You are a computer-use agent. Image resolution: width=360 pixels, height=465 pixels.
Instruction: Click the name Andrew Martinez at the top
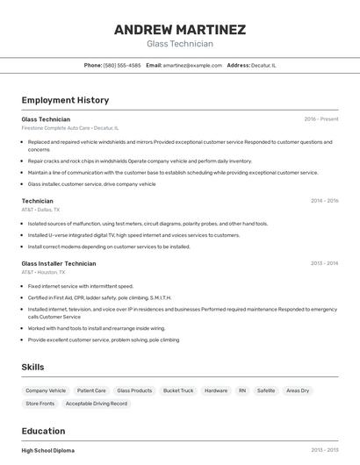coord(179,30)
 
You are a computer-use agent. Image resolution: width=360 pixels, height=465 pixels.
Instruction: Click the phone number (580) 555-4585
coord(122,65)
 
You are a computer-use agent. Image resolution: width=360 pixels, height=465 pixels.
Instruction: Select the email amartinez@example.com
coord(192,65)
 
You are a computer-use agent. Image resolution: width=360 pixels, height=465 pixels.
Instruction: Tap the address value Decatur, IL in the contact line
coord(263,65)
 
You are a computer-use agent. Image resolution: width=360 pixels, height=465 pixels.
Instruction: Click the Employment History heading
coord(65,100)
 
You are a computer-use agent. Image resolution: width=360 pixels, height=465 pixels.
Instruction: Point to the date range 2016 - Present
coord(320,118)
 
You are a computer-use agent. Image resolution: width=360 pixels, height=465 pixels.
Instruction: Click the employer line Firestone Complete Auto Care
coord(69,128)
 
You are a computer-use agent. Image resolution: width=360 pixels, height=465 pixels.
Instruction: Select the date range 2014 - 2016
coord(324,201)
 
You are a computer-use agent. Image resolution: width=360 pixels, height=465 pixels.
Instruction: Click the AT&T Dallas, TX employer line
coord(40,211)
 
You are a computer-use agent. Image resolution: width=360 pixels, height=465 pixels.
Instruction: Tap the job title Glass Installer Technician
coord(59,263)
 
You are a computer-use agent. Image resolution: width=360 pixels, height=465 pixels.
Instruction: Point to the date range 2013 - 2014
coord(324,263)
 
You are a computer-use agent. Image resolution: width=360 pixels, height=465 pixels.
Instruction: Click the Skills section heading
coord(32,367)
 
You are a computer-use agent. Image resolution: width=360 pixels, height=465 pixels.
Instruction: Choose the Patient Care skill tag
coord(91,390)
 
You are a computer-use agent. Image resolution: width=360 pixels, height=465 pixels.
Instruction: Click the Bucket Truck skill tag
coord(178,390)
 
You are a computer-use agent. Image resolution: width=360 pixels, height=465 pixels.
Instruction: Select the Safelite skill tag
coord(266,390)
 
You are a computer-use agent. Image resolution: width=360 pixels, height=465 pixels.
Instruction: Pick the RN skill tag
coord(241,390)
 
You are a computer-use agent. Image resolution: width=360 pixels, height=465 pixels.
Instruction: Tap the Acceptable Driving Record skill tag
coord(97,404)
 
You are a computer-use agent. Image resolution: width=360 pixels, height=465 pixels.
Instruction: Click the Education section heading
coord(43,431)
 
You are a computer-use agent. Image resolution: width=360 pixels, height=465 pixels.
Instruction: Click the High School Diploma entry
coord(48,450)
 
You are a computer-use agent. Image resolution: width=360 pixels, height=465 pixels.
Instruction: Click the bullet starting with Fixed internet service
coord(81,286)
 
